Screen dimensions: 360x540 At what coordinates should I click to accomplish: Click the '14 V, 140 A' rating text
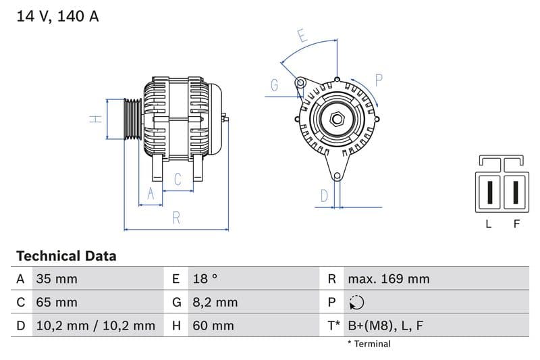tap(57, 16)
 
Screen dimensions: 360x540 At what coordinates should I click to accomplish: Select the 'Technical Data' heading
tap(66, 256)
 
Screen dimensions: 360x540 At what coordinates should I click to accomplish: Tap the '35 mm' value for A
tap(56, 279)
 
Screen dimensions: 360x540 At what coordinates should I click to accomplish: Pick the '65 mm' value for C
tap(56, 303)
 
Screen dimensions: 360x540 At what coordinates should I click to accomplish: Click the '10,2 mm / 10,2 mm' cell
tap(94, 326)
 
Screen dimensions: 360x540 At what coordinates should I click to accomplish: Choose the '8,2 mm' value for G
tap(214, 303)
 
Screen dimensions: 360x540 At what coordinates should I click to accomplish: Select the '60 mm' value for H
tap(213, 326)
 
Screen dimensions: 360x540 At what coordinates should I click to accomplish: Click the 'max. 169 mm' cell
tap(388, 279)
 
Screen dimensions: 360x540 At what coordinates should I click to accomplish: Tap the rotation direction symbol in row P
tap(356, 303)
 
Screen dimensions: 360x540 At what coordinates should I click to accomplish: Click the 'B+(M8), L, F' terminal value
tap(385, 326)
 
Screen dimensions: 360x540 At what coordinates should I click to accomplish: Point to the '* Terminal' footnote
tap(369, 344)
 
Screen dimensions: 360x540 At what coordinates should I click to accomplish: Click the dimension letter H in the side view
tap(96, 119)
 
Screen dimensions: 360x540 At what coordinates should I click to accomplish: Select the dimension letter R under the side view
tap(175, 217)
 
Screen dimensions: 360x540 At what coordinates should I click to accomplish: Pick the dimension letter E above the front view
tap(302, 36)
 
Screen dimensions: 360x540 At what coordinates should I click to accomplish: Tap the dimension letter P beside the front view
tap(379, 80)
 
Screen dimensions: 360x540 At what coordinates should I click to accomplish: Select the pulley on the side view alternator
tap(132, 120)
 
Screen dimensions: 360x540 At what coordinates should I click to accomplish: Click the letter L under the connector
tap(489, 224)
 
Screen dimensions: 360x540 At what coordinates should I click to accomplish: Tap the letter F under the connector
tap(516, 224)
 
